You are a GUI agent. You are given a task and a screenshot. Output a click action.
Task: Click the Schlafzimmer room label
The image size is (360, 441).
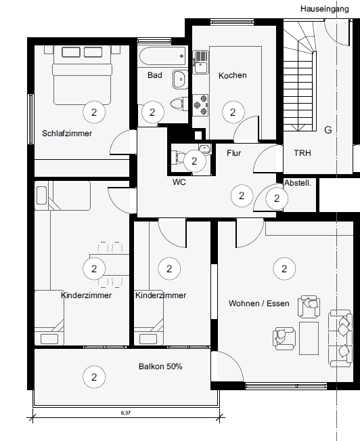point(66,133)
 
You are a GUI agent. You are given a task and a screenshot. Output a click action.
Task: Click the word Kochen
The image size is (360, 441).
point(232,75)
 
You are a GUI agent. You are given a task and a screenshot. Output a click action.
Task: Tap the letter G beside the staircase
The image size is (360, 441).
point(328,129)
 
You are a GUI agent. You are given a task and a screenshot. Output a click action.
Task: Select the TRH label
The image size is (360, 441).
point(302,153)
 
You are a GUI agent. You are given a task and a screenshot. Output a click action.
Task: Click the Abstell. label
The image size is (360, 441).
point(298,183)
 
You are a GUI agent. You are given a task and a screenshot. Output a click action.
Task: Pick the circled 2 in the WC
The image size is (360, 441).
point(195,161)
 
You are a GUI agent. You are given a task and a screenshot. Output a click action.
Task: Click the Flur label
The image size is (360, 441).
point(234,153)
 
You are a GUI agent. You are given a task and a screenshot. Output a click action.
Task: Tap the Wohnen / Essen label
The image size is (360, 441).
point(258,303)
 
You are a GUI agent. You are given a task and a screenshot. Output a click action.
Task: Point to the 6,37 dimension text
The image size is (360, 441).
point(123,412)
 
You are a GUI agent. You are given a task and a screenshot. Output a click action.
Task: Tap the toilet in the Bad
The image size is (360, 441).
point(177,104)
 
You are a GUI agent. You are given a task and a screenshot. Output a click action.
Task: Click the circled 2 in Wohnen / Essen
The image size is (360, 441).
point(284,269)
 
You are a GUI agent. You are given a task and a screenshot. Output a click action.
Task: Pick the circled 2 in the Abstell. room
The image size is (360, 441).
point(276,198)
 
